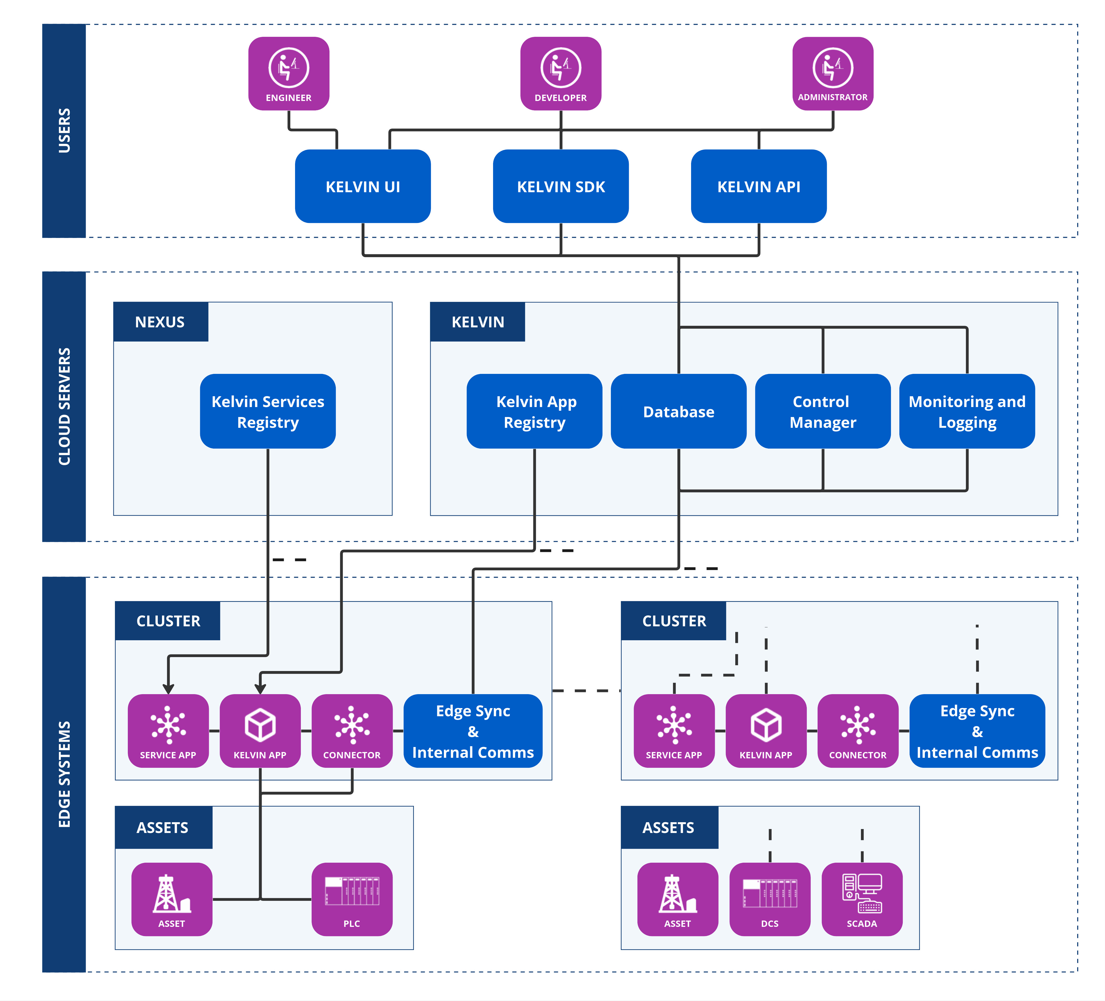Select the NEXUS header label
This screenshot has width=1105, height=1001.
160,322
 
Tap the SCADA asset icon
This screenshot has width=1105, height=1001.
862,899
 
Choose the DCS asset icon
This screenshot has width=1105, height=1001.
769,899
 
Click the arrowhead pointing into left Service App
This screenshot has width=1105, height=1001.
168,689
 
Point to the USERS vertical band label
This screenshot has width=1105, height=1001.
64,130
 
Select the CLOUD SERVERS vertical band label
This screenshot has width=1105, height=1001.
64,406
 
